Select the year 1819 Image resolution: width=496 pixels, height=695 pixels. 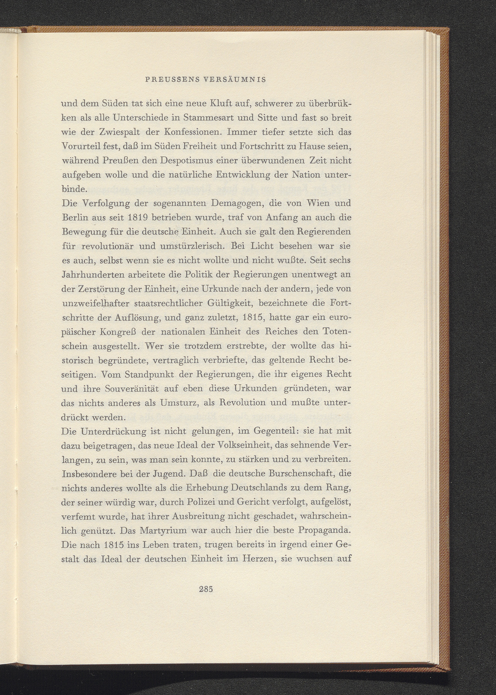coord(135,217)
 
